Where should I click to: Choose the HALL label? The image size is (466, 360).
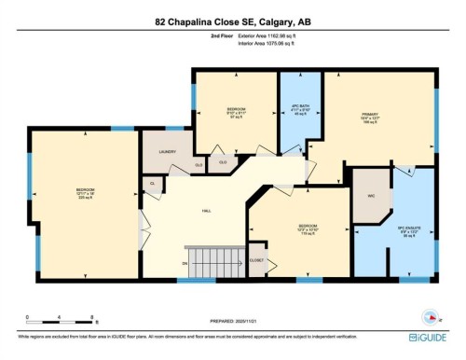coord(204,212)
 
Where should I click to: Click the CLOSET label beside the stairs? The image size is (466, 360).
coord(257,261)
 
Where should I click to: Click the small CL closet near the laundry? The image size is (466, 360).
coord(152,184)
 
